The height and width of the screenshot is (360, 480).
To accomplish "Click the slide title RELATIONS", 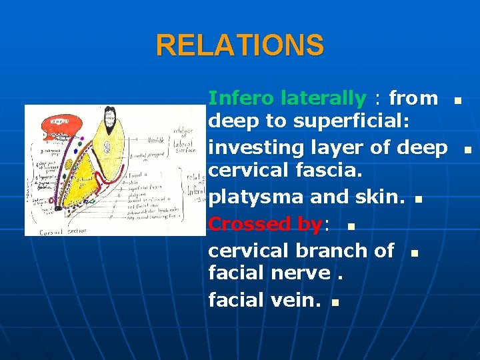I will pyautogui.click(x=240, y=45).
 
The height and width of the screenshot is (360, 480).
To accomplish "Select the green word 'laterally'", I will pyautogui.click(x=323, y=99).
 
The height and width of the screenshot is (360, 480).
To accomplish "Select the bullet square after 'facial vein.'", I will pyautogui.click(x=335, y=303).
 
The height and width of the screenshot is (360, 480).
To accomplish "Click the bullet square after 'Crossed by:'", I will pyautogui.click(x=351, y=227).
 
